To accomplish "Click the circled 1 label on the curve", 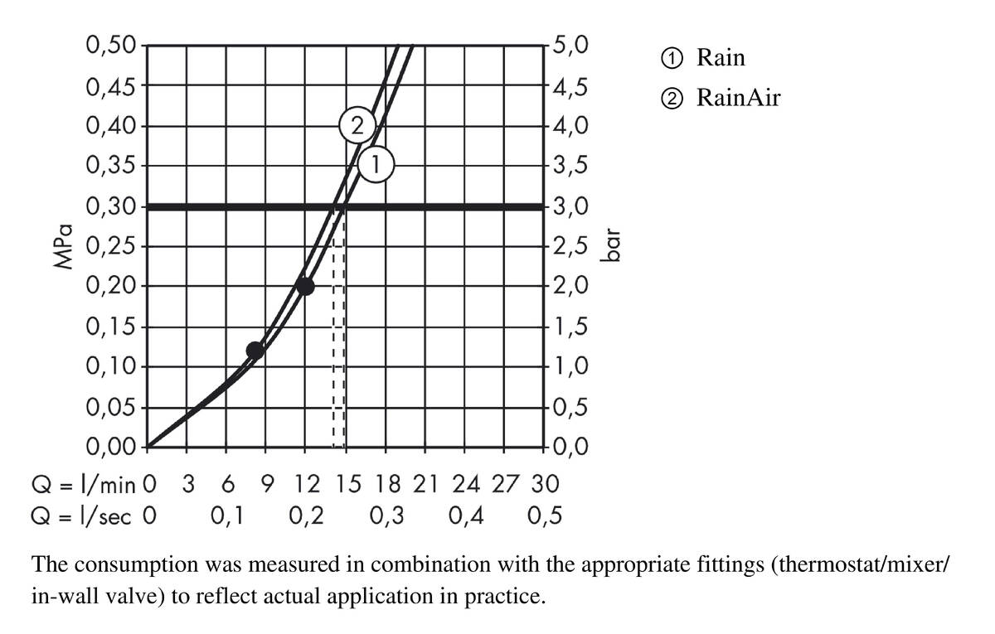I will [376, 165].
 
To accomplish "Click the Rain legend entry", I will [705, 58].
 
